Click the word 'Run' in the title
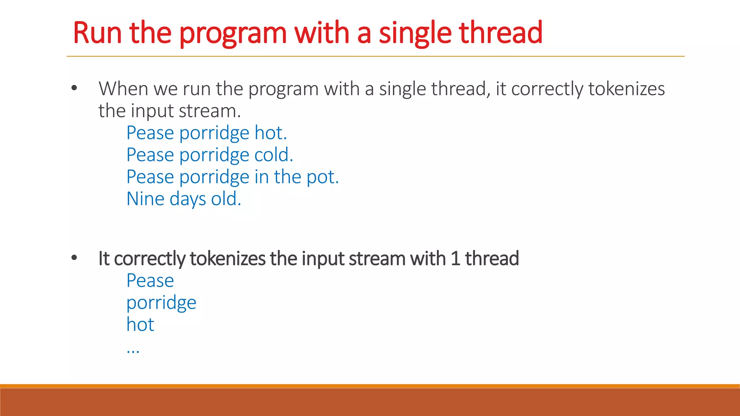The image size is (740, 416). point(97,33)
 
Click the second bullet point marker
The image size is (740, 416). point(74,258)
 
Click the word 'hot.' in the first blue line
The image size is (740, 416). point(271,133)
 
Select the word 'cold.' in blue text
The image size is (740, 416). point(274,155)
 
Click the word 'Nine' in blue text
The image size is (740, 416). point(145,199)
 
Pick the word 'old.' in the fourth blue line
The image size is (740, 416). point(226,199)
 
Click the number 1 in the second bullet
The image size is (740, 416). point(455,259)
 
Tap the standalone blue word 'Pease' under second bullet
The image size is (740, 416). point(150,281)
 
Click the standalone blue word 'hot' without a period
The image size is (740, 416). point(140,325)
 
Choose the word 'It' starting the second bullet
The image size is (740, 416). point(104,259)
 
